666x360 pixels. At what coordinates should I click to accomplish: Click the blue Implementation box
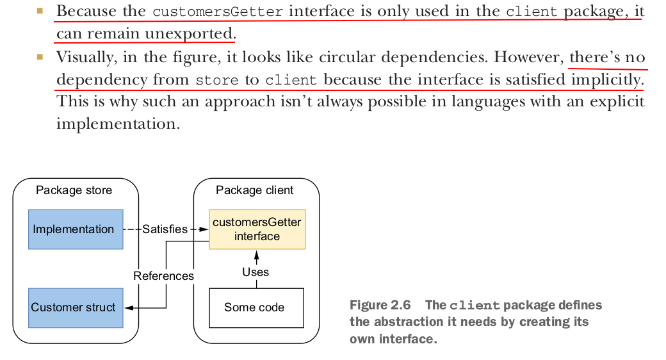[x=76, y=229]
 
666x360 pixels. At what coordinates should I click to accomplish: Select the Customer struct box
[x=76, y=307]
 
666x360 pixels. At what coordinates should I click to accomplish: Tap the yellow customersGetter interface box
[x=257, y=229]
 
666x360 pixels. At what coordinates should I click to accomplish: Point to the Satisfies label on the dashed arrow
[x=165, y=229]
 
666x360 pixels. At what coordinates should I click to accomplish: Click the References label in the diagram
[x=163, y=276]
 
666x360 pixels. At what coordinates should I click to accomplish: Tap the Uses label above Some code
[x=256, y=272]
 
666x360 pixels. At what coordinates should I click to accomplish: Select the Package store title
[x=74, y=190]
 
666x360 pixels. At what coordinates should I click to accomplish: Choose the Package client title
[x=254, y=190]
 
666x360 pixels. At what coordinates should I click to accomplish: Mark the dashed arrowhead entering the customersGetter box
[x=205, y=229]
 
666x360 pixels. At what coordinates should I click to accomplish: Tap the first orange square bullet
[x=40, y=11]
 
